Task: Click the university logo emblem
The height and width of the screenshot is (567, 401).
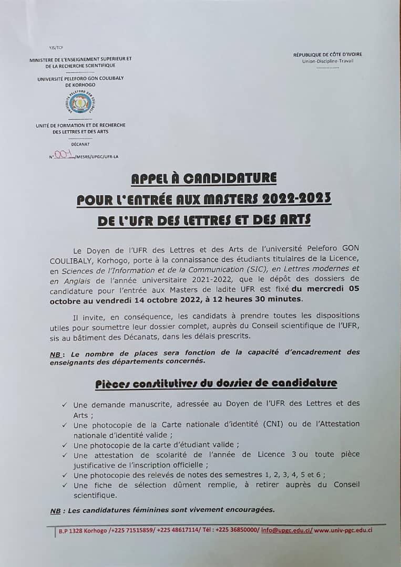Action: (x=80, y=104)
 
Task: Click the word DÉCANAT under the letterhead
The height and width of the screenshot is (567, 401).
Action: (x=80, y=143)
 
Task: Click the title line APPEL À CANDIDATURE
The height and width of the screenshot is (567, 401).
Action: (x=204, y=178)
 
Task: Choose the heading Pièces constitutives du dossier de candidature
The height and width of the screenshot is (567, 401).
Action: (x=216, y=383)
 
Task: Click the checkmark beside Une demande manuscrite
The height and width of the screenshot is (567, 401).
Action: (x=64, y=405)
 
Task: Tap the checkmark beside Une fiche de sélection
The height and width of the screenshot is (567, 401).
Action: (x=64, y=485)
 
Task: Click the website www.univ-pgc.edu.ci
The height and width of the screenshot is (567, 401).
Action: (x=344, y=530)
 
